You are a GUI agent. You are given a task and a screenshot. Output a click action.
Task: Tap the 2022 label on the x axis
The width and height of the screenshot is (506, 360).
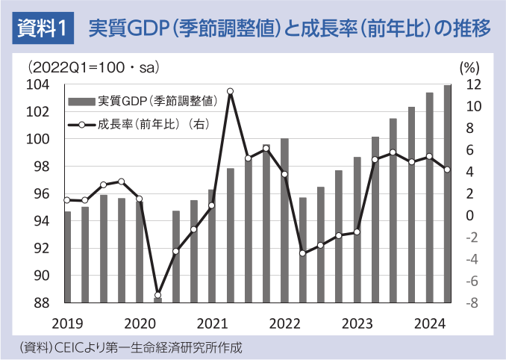pyautogui.click(x=284, y=323)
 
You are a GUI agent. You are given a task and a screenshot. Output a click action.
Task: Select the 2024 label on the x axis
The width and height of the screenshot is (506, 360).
pyautogui.click(x=431, y=323)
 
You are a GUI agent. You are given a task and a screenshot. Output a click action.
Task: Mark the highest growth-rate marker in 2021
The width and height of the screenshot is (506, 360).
pyautogui.click(x=230, y=91)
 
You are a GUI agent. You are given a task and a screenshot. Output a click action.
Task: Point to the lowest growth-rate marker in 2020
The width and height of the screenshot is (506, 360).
pyautogui.click(x=157, y=295)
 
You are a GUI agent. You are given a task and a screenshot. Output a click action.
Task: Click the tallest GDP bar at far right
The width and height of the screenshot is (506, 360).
pyautogui.click(x=447, y=194)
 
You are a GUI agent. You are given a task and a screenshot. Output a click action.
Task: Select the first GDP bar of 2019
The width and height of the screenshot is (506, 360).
pyautogui.click(x=67, y=257)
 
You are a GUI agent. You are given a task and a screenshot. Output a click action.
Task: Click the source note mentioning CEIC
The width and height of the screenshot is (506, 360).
pyautogui.click(x=131, y=347)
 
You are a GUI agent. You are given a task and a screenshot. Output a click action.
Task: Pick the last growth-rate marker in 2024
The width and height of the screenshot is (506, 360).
pyautogui.click(x=447, y=170)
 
